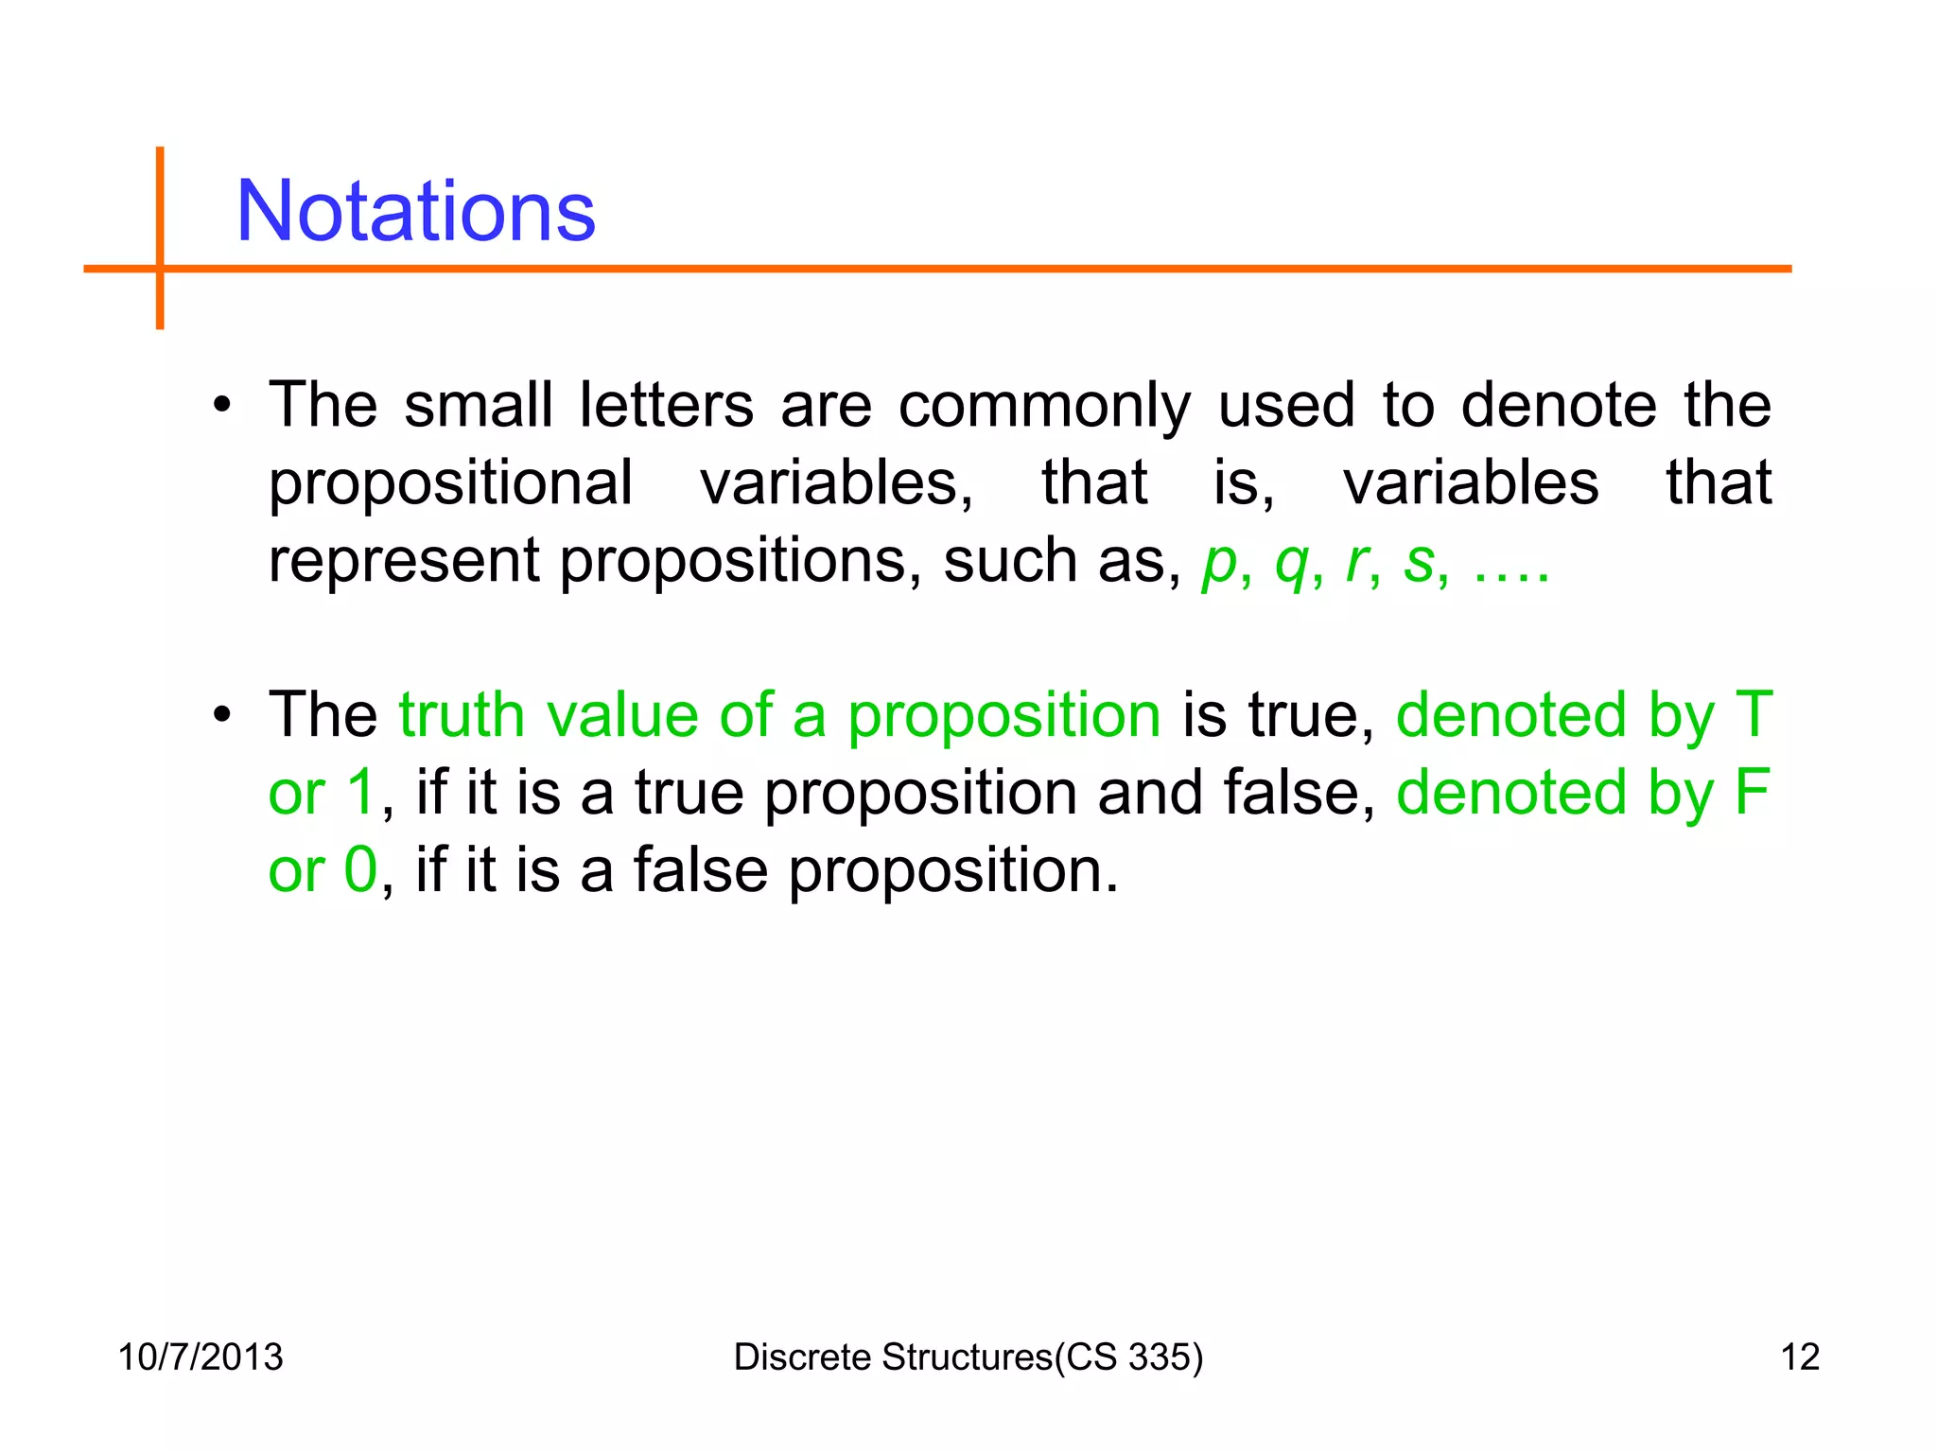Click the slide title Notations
coord(415,211)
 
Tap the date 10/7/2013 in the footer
coord(201,1357)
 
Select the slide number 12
coord(1800,1357)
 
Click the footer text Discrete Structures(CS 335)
coord(968,1357)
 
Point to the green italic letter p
coord(1220,564)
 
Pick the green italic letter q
coord(1292,564)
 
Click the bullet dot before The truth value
coord(222,716)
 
